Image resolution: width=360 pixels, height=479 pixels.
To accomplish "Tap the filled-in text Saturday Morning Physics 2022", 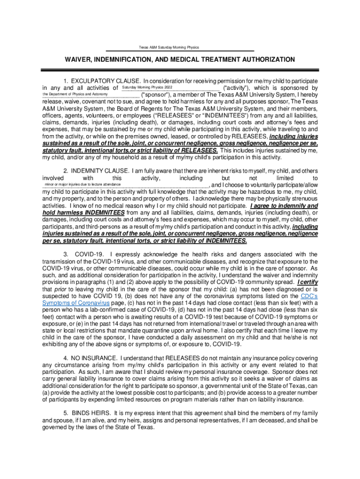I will tap(147, 87).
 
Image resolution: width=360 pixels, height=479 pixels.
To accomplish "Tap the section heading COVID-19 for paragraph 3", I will tap(89, 254).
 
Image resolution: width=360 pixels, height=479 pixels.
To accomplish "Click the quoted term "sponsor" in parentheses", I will tap(157, 94).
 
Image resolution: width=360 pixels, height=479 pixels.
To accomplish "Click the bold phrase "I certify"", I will tap(307, 283).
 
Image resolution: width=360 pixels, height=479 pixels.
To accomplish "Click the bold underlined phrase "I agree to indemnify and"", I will tap(284, 206).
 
